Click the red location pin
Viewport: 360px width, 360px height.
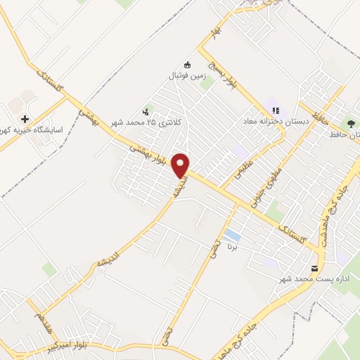pyautogui.click(x=181, y=165)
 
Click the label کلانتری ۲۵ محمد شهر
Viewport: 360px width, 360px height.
pyautogui.click(x=147, y=122)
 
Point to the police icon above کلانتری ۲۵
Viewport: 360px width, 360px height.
pyautogui.click(x=146, y=111)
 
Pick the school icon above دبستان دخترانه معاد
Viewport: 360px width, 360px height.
pyautogui.click(x=276, y=110)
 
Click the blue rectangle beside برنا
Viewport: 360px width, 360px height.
pyautogui.click(x=231, y=235)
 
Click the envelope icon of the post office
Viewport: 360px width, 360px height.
pyautogui.click(x=314, y=268)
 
